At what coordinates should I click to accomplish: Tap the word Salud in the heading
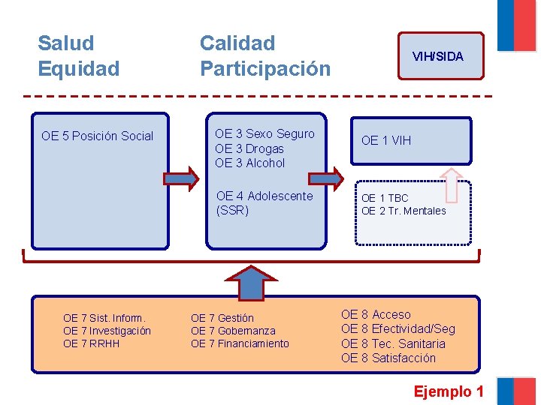click(x=66, y=43)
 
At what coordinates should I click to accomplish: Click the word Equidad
click(x=79, y=69)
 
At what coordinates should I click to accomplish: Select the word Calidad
click(x=237, y=43)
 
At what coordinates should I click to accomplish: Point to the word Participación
click(x=265, y=69)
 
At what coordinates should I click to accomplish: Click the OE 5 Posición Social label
click(x=98, y=136)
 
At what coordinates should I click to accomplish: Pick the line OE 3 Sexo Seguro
click(x=264, y=134)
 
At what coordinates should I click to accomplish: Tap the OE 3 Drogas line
click(x=249, y=148)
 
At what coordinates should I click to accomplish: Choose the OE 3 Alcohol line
click(x=250, y=163)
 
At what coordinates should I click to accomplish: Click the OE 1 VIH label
click(x=386, y=140)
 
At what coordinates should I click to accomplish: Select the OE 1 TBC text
click(x=385, y=198)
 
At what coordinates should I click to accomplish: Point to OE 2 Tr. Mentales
click(x=403, y=211)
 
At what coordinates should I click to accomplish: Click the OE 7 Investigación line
click(x=107, y=331)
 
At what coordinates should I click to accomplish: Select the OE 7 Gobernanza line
click(x=233, y=331)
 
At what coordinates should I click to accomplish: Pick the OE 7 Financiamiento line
click(x=240, y=343)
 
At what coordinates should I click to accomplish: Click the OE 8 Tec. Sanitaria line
click(x=393, y=343)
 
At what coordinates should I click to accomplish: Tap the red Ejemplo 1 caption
click(x=449, y=391)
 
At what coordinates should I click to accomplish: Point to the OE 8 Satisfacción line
click(x=388, y=358)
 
